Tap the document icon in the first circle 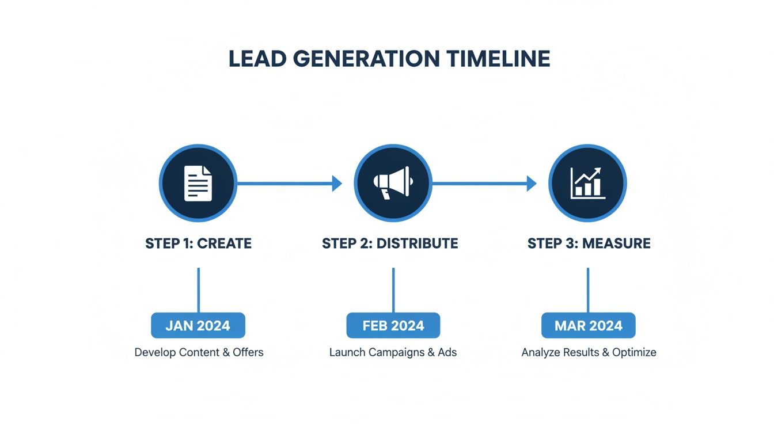coord(198,184)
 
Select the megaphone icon coord(393,183)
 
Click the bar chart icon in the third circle coord(587,183)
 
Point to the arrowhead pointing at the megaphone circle coord(337,184)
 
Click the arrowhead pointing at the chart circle coord(532,184)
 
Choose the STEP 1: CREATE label coord(198,243)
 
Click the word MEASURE coord(616,243)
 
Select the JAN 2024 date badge coord(198,326)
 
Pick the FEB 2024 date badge coord(393,326)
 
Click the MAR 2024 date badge coord(588,326)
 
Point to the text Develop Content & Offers coord(199,352)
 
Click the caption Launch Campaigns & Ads coord(393,352)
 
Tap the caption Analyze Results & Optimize coord(589,352)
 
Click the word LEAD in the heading coord(255,59)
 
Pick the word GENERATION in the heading coord(356,59)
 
